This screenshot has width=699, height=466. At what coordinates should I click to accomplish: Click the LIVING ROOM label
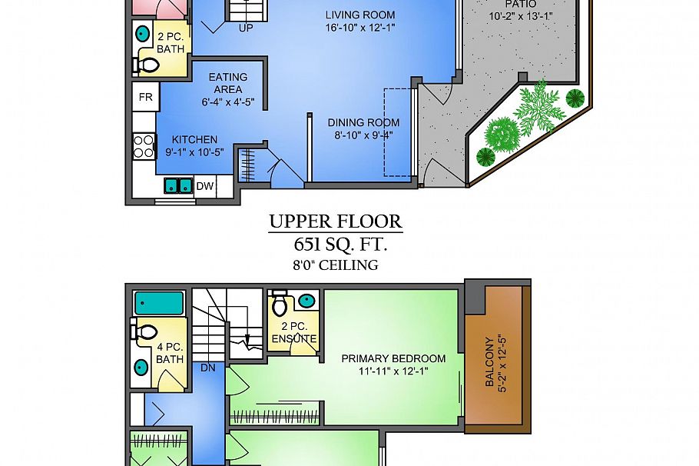(359, 15)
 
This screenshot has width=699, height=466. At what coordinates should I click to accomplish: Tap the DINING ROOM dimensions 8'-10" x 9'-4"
(363, 136)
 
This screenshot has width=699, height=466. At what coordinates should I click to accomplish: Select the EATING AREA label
(228, 83)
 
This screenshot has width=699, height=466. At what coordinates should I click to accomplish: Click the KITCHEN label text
(194, 139)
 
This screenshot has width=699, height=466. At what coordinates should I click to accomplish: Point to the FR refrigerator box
(144, 98)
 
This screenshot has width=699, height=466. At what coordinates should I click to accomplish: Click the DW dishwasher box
(204, 185)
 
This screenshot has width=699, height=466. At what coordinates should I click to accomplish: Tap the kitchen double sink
(178, 185)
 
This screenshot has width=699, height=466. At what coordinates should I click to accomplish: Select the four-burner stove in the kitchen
(144, 146)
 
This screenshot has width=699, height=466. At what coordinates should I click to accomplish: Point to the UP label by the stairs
(246, 28)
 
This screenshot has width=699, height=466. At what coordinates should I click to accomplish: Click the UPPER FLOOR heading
(336, 222)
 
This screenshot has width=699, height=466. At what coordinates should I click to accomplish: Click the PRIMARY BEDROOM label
(393, 358)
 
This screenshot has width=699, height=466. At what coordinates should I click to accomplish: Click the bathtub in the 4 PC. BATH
(160, 302)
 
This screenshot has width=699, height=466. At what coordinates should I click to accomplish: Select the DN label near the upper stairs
(207, 368)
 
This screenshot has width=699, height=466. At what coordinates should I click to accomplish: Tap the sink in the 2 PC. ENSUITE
(306, 300)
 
